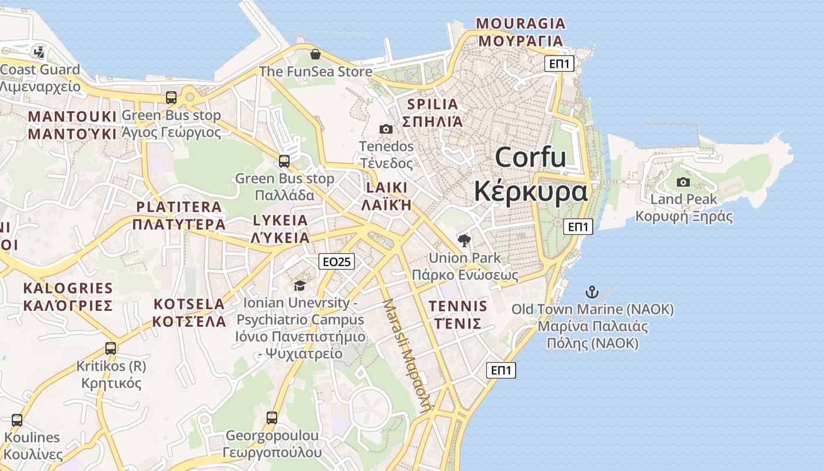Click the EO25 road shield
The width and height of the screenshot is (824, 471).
(337, 262)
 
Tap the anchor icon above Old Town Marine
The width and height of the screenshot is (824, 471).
(592, 291)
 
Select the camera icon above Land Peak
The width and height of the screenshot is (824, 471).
(683, 182)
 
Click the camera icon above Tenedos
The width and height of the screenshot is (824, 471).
(386, 129)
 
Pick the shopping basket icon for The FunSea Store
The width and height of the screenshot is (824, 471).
(315, 54)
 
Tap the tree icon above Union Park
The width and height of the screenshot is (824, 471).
(464, 240)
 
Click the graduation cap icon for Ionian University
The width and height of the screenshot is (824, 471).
(300, 286)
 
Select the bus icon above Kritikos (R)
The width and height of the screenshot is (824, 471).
(111, 348)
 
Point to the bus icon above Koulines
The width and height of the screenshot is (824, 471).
(17, 420)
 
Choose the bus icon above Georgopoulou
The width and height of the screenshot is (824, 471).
(272, 418)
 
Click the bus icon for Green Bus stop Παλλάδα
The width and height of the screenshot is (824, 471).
(284, 161)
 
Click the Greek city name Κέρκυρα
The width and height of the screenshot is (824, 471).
(530, 191)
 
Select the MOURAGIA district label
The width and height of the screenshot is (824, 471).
(520, 24)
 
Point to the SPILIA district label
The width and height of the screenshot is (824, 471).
(433, 105)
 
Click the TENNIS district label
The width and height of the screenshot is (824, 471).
(458, 306)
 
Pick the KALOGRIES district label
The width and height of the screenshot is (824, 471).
(68, 288)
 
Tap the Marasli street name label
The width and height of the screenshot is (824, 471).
(407, 353)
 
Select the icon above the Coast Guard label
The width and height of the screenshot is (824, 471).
(39, 52)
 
